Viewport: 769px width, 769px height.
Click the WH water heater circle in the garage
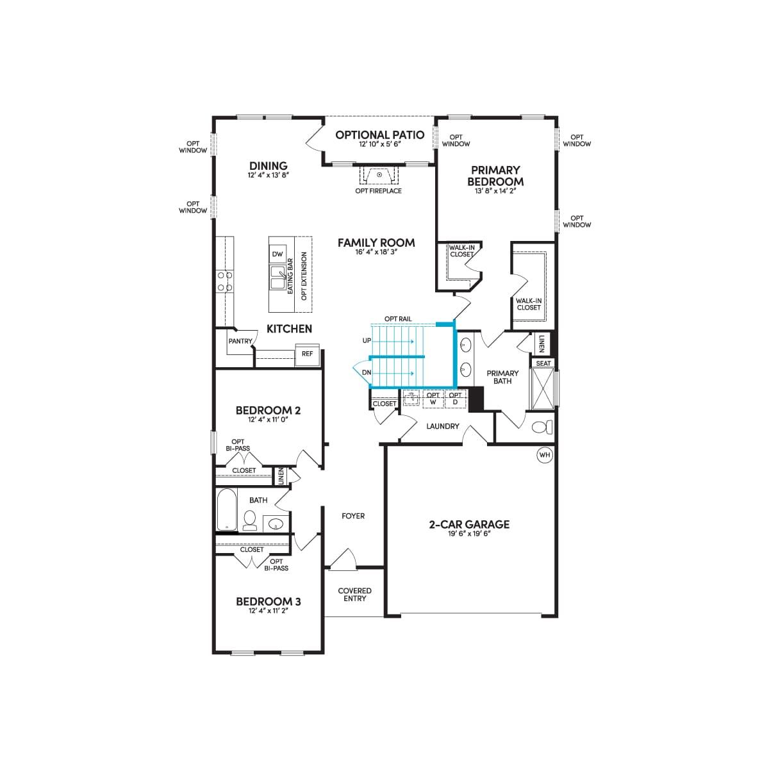tap(544, 455)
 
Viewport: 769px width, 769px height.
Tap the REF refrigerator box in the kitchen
tap(308, 354)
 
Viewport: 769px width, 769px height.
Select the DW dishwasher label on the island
tap(277, 254)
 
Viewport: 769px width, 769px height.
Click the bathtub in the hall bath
tap(227, 509)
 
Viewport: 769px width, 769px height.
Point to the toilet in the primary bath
tap(543, 427)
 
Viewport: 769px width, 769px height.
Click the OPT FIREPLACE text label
tap(378, 191)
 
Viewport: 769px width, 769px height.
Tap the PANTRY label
tap(240, 341)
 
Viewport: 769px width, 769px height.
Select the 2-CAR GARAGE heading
tap(469, 524)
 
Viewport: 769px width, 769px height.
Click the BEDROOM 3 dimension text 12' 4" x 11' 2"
tap(268, 611)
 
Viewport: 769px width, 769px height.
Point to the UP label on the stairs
tap(367, 341)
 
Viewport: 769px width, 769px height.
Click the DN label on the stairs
tap(367, 373)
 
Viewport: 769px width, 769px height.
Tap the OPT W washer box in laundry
tap(433, 399)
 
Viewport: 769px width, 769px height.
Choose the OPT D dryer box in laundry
tap(455, 399)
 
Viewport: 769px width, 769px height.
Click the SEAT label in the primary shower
tap(543, 363)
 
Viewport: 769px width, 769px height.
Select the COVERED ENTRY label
tap(355, 595)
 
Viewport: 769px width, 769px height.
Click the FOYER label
tap(353, 516)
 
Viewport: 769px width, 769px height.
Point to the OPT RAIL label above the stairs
tap(398, 319)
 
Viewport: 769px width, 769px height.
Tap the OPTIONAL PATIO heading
tap(379, 135)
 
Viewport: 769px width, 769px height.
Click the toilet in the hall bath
tap(250, 520)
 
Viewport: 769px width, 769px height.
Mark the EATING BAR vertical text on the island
tap(290, 276)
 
